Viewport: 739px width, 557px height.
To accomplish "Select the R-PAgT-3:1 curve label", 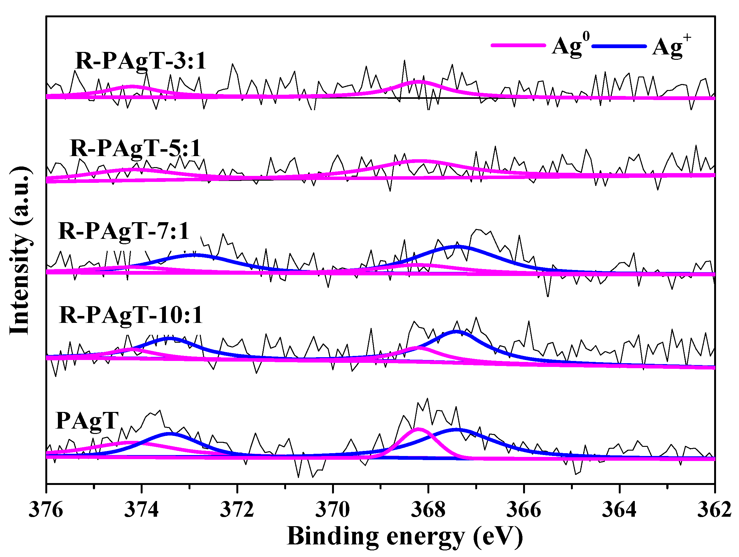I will (141, 61).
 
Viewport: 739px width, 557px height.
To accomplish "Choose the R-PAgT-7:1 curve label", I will (124, 231).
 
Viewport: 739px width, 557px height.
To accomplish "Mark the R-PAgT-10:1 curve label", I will (131, 315).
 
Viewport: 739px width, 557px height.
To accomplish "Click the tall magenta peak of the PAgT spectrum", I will (418, 429).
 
